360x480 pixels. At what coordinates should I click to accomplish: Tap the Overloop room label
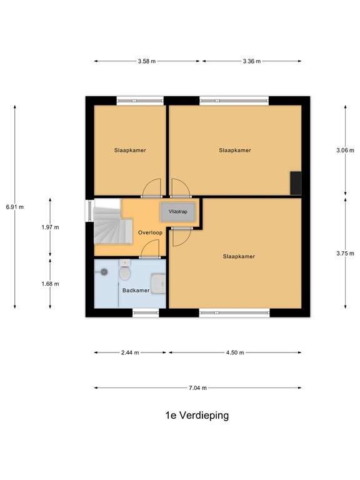[x=150, y=232]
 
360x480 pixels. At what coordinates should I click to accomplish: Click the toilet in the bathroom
[x=125, y=272]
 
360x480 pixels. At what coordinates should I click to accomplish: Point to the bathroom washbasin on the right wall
[x=161, y=284]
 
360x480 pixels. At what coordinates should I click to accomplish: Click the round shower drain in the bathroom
[x=104, y=272]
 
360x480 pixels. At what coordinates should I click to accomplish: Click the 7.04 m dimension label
[x=197, y=387]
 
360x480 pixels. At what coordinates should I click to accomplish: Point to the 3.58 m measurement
[x=147, y=61]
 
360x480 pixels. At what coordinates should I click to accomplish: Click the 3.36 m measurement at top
[x=251, y=61]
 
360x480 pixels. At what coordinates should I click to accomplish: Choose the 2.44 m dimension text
[x=130, y=352]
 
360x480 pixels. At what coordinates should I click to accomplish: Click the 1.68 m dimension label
[x=50, y=284]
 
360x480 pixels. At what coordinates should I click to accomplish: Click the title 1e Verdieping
[x=197, y=415]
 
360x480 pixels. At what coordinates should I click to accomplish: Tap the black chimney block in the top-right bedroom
[x=295, y=182]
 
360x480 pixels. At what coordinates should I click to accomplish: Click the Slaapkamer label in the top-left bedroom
[x=130, y=150]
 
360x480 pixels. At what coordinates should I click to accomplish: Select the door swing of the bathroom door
[x=149, y=251]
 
